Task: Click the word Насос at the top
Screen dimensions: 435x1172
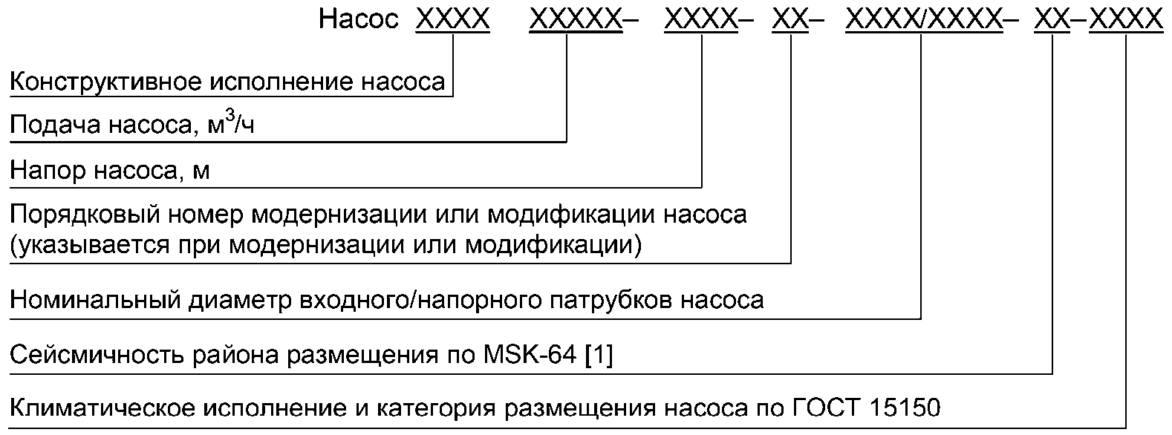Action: pos(359,19)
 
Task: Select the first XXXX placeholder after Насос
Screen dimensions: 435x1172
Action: pos(453,19)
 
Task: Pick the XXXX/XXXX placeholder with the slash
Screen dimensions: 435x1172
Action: pos(924,19)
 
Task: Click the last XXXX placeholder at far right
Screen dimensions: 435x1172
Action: pos(1126,19)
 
